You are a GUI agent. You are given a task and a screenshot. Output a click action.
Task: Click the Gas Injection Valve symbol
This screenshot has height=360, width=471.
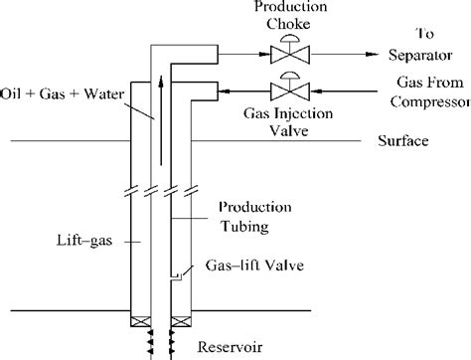(x=290, y=90)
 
